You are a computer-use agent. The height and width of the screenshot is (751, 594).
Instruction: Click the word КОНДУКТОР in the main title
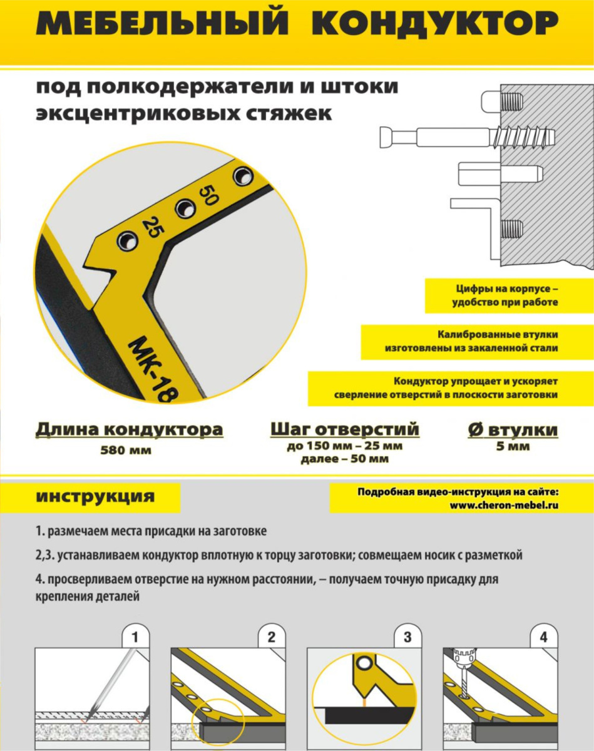point(434,23)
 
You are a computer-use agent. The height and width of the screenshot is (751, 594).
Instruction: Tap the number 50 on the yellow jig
point(208,195)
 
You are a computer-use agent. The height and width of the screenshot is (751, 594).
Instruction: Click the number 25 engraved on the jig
point(152,227)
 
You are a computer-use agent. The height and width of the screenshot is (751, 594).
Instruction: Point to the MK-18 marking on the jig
point(153,369)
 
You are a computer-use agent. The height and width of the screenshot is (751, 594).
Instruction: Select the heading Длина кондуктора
point(129,429)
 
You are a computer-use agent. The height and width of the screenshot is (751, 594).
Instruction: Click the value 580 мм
point(126,450)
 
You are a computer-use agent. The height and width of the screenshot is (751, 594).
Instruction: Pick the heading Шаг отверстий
point(345,429)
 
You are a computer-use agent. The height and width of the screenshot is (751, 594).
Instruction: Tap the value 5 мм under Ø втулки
point(513,446)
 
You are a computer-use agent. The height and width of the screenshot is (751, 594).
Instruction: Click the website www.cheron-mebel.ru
point(504,505)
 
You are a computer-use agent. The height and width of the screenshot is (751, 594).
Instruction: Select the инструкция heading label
point(95,496)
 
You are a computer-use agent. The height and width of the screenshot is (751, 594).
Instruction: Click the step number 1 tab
point(135,638)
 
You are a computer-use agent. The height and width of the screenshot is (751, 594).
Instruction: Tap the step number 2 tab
point(272,638)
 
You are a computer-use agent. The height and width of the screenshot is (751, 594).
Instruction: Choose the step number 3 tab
point(407,638)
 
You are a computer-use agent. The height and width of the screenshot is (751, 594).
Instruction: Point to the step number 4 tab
point(544,638)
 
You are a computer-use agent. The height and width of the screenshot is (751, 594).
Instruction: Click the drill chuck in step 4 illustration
point(464,656)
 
